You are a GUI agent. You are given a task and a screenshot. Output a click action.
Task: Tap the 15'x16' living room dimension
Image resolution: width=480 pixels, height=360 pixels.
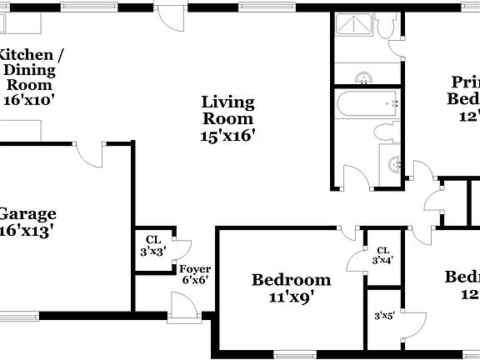(x=227, y=134)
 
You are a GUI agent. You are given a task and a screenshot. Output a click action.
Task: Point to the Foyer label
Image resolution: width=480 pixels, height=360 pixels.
(x=195, y=269)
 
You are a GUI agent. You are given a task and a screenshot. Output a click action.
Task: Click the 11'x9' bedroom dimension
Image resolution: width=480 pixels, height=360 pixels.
(x=291, y=296)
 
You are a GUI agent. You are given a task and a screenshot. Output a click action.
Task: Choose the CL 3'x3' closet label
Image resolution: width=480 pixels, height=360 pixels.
(x=153, y=244)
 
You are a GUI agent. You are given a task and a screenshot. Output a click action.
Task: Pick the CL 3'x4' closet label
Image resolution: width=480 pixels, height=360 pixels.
(x=383, y=255)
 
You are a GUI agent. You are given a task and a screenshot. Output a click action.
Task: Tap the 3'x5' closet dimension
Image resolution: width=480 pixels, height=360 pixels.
(x=384, y=315)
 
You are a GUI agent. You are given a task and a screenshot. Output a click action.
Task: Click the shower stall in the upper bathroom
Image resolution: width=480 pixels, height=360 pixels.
(x=356, y=27)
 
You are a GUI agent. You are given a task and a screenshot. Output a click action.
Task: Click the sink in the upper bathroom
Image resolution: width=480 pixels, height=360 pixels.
(x=364, y=79)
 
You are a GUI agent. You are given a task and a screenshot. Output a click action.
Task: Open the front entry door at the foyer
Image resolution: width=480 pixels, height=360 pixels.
(x=181, y=310)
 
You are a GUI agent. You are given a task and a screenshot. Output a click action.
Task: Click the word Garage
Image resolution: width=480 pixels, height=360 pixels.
(x=27, y=213)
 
